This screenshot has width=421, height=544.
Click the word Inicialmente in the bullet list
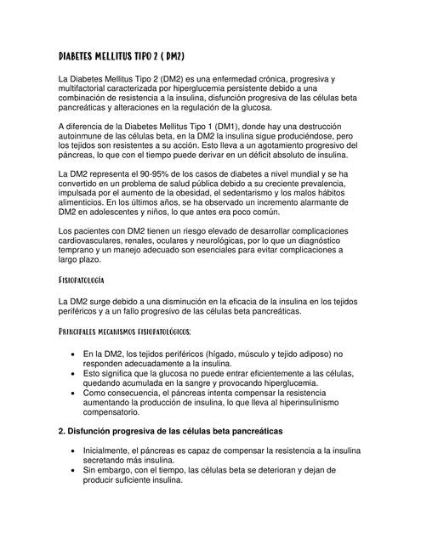[x=113, y=450]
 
